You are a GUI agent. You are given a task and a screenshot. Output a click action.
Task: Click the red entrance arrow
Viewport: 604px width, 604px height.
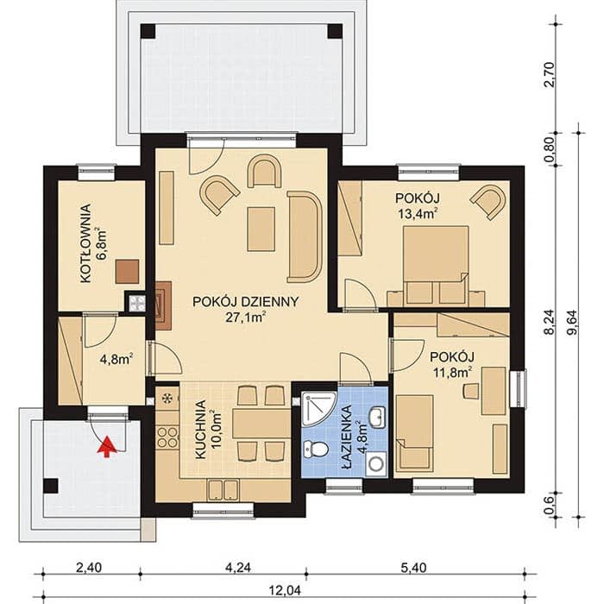tap(108, 446)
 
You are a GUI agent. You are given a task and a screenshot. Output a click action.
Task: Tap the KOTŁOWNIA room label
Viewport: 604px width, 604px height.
tap(86, 243)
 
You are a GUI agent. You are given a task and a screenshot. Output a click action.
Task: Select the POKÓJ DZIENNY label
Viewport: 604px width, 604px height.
tap(245, 302)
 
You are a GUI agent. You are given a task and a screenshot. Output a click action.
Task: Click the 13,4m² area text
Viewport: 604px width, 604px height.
tap(418, 213)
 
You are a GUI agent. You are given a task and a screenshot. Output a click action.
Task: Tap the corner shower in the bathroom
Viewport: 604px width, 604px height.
tap(318, 408)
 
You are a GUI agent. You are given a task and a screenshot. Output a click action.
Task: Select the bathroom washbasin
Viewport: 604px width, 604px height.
tap(377, 416)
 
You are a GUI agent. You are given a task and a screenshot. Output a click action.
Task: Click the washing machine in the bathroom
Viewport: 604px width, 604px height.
tap(375, 463)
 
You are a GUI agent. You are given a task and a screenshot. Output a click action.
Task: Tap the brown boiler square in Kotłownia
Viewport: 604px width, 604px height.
tap(128, 272)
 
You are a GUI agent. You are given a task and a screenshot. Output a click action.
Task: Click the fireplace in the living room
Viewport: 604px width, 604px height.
tap(163, 305)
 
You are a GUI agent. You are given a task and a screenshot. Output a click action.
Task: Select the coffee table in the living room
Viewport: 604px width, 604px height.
tap(261, 230)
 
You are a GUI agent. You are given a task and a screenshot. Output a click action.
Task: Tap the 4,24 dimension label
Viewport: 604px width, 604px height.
tap(238, 568)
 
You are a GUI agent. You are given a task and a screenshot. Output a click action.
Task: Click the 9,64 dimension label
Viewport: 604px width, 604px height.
tap(573, 323)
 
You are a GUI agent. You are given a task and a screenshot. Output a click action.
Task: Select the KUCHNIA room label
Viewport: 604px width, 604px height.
tap(201, 430)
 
